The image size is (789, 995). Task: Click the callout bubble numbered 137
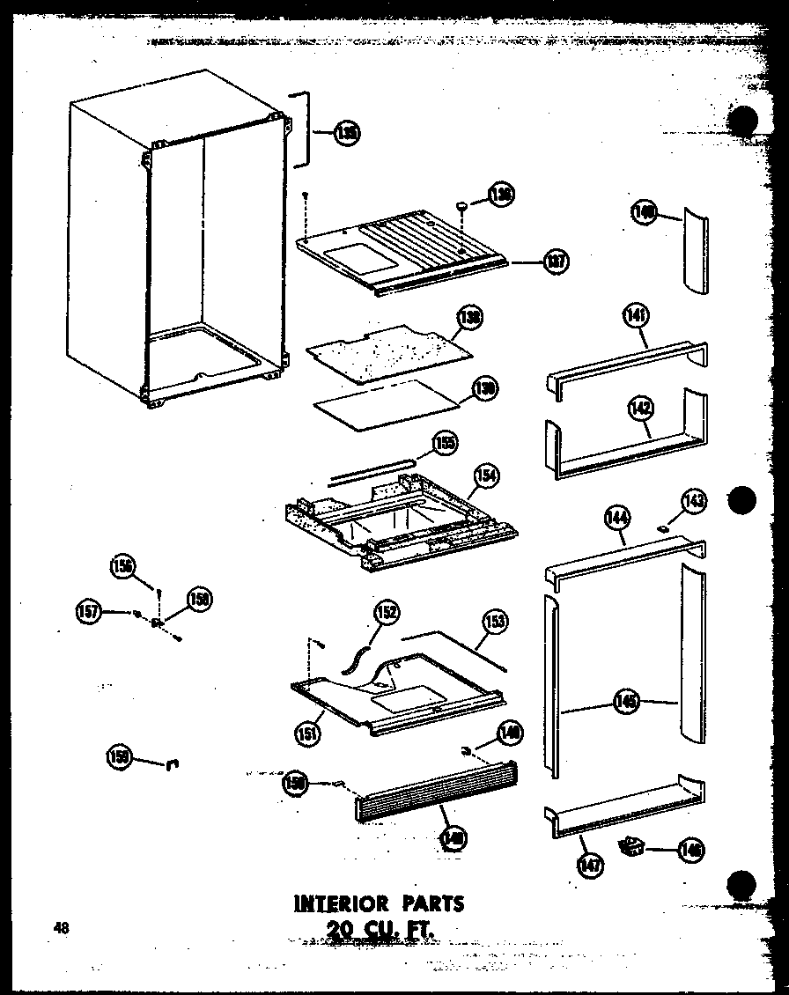556,261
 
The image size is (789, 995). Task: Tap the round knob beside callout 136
461,206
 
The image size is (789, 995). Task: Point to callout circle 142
639,407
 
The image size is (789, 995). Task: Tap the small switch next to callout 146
630,848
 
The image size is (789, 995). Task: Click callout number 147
591,866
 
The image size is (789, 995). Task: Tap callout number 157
89,610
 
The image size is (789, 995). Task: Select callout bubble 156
122,566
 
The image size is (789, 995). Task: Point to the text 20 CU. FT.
380,928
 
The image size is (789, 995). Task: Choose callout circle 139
483,388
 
